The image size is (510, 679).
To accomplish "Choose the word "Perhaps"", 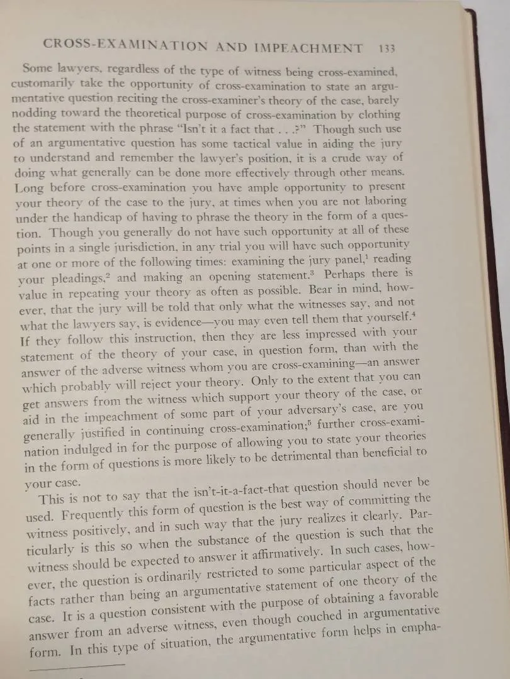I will (x=347, y=275).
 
